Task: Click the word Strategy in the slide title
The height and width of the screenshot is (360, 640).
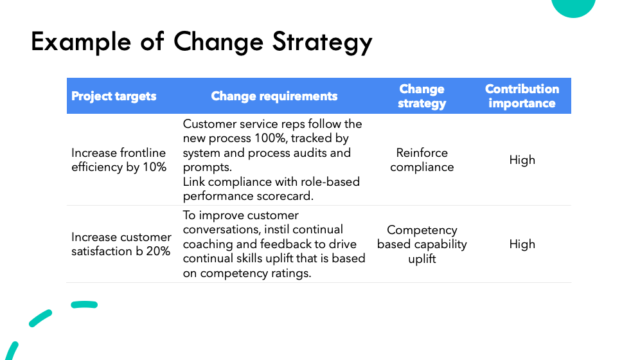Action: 323,42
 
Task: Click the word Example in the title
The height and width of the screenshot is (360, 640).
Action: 81,42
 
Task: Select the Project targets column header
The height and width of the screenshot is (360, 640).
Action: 114,96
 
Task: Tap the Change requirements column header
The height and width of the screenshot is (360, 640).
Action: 274,96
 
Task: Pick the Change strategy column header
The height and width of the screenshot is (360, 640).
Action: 422,96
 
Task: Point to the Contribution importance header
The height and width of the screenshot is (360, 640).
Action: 522,96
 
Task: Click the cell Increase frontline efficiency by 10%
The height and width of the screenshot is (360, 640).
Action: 119,159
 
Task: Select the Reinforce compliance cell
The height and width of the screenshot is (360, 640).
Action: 422,159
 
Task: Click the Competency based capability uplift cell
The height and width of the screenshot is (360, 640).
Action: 422,244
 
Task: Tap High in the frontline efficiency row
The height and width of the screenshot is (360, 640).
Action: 522,159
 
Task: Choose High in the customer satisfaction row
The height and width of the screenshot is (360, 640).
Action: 522,244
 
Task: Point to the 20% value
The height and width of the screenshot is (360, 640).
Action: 158,251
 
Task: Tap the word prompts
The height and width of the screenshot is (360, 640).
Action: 208,167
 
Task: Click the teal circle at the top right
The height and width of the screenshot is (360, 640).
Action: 573,6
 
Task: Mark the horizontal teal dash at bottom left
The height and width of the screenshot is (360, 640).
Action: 84,305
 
